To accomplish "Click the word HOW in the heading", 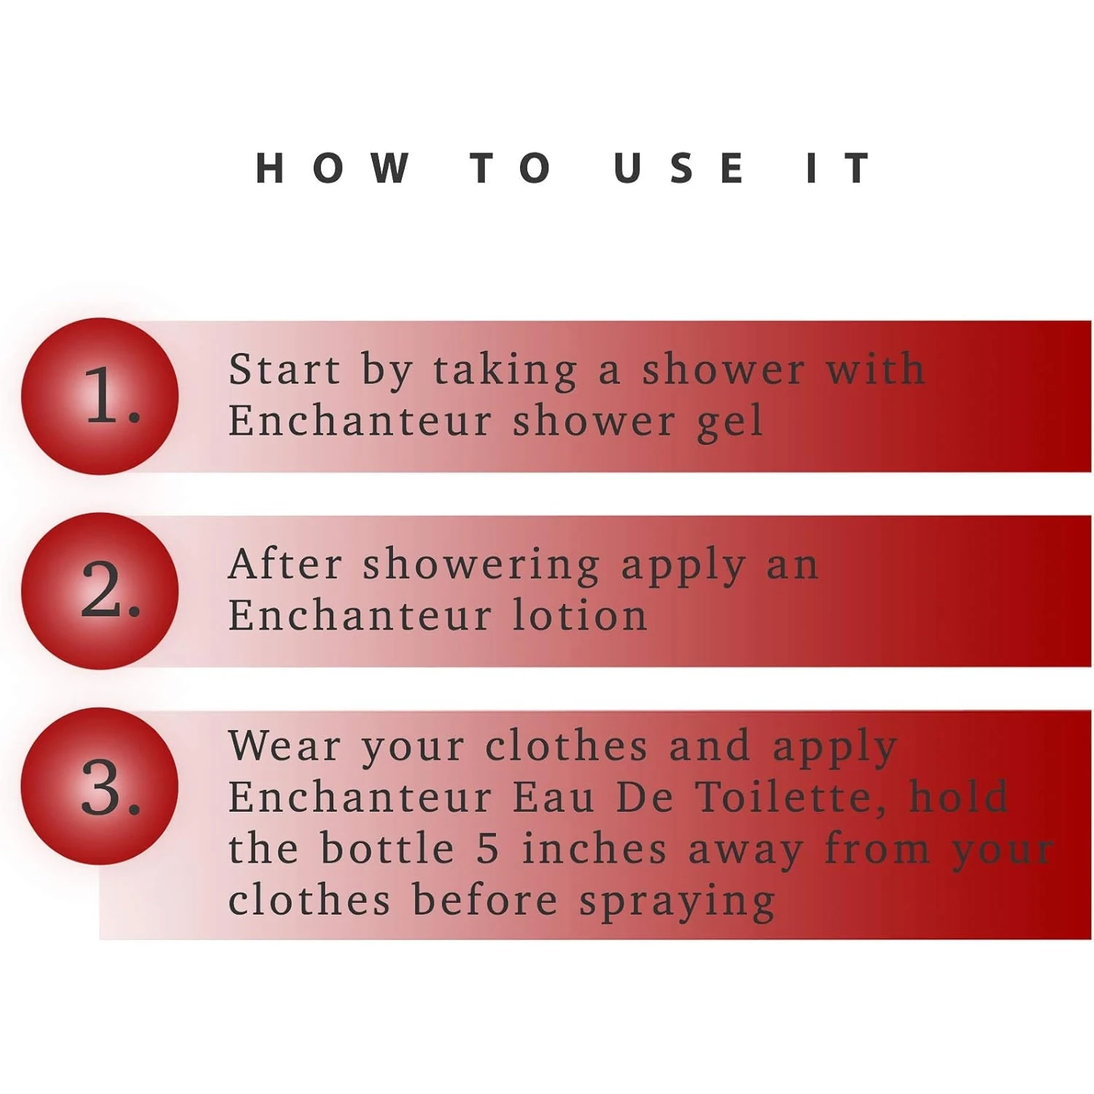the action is pyautogui.click(x=333, y=168).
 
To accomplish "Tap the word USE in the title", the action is pyautogui.click(x=679, y=168).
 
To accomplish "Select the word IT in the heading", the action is pyautogui.click(x=838, y=168).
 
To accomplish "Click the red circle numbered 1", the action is pyautogui.click(x=100, y=396).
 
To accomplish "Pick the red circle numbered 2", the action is pyautogui.click(x=100, y=591).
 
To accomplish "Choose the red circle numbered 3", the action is pyautogui.click(x=100, y=786).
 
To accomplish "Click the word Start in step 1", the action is pyautogui.click(x=284, y=369).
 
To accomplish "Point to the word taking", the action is pyautogui.click(x=505, y=372).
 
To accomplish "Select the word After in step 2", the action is pyautogui.click(x=285, y=565).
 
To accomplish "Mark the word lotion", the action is pyautogui.click(x=580, y=615).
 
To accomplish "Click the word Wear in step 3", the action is pyautogui.click(x=284, y=747).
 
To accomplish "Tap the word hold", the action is pyautogui.click(x=958, y=796).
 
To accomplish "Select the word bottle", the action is pyautogui.click(x=387, y=848).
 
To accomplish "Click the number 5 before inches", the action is pyautogui.click(x=488, y=849).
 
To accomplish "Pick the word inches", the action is pyautogui.click(x=594, y=848).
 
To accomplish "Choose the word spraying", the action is pyautogui.click(x=678, y=903).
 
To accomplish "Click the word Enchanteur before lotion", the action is pyautogui.click(x=360, y=615).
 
